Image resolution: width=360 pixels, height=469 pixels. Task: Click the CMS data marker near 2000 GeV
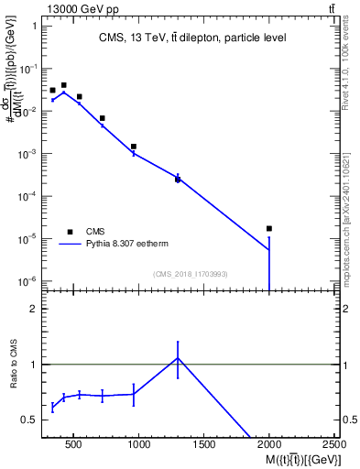click(x=269, y=228)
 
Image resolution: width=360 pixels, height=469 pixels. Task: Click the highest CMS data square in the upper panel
click(x=63, y=85)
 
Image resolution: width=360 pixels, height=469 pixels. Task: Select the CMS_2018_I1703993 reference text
click(x=191, y=273)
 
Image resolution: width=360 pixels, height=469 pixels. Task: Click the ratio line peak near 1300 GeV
click(x=178, y=358)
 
